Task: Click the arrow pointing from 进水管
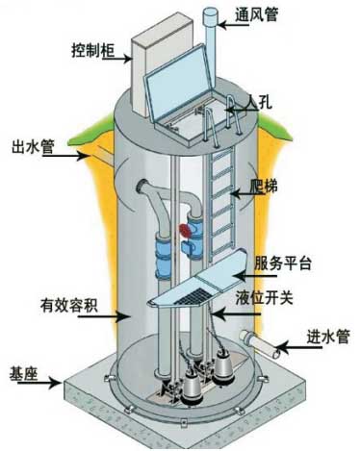[286, 344]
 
